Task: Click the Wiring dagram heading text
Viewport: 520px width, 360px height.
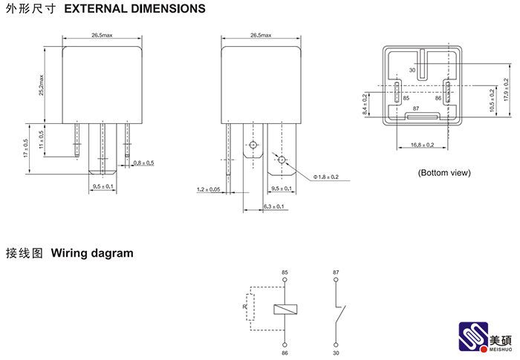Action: click(x=92, y=253)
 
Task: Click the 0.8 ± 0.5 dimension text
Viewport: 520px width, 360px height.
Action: click(x=143, y=163)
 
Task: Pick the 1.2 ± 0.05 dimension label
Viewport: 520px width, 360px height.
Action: click(x=209, y=190)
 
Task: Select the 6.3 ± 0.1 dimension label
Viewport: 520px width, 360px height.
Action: click(x=274, y=206)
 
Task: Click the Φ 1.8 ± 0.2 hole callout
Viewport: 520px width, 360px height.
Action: click(x=325, y=177)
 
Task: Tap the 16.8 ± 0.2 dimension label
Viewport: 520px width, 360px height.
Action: click(x=421, y=145)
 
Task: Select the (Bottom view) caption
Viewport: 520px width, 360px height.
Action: click(x=443, y=173)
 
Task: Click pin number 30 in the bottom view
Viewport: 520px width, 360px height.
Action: click(x=413, y=71)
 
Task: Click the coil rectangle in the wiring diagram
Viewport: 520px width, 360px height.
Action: click(x=285, y=309)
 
